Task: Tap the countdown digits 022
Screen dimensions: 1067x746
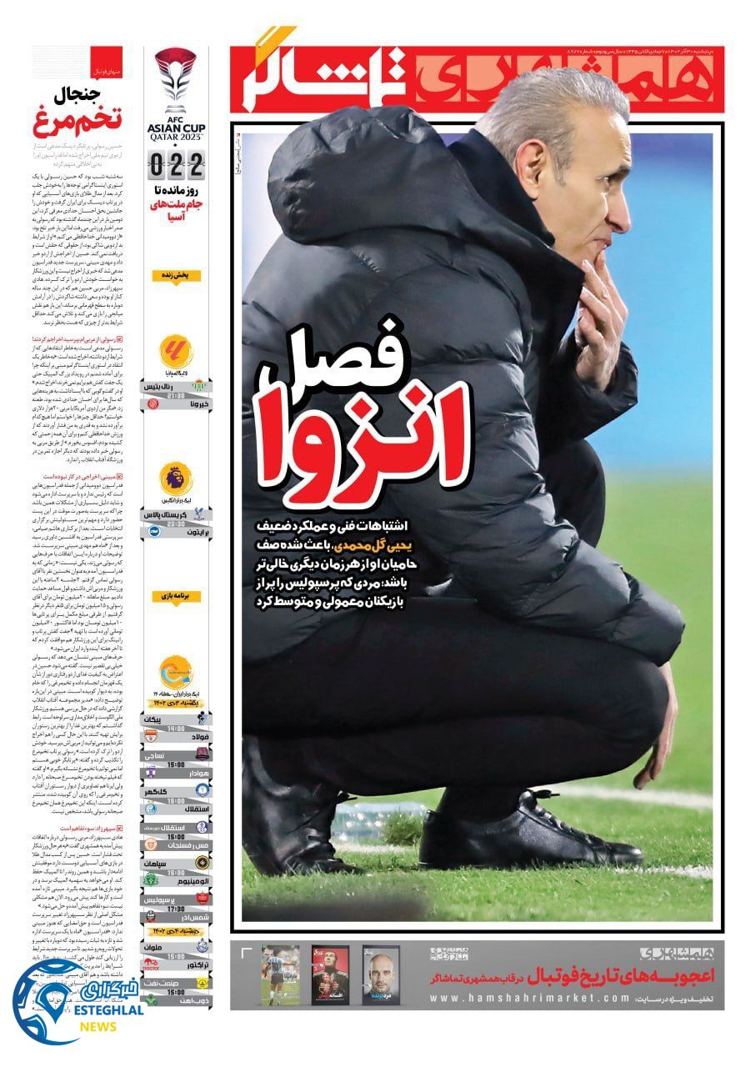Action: point(176,165)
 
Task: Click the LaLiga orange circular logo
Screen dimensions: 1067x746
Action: point(176,352)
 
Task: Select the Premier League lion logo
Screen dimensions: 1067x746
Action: point(176,479)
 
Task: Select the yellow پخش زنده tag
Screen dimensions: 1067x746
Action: point(176,275)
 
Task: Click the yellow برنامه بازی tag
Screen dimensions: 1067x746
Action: point(176,597)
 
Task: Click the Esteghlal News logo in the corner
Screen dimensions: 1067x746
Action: point(75,1004)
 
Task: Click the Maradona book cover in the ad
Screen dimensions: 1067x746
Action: point(279,975)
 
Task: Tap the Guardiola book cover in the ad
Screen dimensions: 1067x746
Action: point(381,975)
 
